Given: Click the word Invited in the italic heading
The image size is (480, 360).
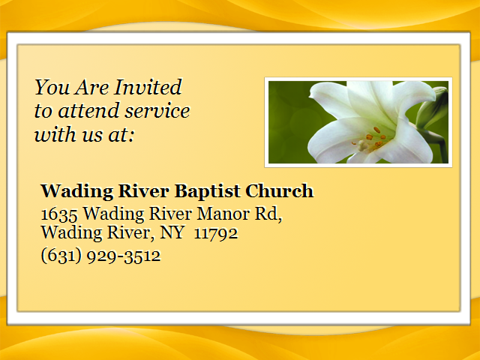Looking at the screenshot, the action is tap(148, 87).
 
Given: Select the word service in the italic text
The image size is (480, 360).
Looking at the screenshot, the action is tap(157, 111).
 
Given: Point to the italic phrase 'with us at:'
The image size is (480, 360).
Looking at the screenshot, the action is tap(84, 134).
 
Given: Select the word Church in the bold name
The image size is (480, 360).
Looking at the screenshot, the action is tap(280, 191).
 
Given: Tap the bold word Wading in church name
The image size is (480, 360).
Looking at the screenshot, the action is tap(76, 191).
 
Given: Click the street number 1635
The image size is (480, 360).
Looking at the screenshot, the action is tap(59, 214).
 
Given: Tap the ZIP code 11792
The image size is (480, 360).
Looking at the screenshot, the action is tap(216, 233).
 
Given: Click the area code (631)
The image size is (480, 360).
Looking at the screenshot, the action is tap(61, 256).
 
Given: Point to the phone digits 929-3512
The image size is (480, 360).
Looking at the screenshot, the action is tap(124, 256).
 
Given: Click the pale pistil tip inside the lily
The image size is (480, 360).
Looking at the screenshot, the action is tap(362, 145).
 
